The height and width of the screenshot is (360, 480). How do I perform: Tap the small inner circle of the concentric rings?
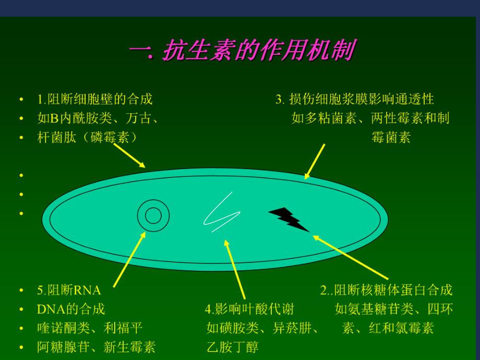pos(153,215)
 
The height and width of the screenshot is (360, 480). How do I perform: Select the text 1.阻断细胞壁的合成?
pos(95,99)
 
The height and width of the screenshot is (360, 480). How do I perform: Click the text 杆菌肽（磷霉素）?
pos(87,137)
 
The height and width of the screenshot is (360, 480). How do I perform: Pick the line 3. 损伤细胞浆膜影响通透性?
pos(355,99)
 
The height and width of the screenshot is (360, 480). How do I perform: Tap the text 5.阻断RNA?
pos(69,290)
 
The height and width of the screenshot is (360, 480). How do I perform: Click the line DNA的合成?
pos(71,309)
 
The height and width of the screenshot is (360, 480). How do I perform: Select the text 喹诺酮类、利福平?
pos(90,328)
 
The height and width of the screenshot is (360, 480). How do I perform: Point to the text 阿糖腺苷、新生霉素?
pos(96,347)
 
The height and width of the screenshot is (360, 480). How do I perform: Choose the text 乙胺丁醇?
pos(232,347)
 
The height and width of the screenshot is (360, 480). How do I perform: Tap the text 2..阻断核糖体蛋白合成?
pos(386,290)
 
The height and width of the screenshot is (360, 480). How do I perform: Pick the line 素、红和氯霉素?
pos(388,328)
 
